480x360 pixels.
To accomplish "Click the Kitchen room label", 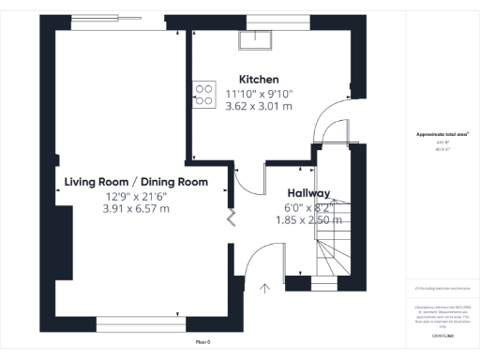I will (259, 79).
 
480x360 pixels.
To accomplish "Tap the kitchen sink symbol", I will (252, 38).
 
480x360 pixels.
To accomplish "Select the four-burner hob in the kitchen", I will (203, 93).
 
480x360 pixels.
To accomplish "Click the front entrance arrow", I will (264, 288).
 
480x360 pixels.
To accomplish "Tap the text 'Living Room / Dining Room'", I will (136, 182).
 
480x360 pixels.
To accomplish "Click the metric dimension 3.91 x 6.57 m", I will (136, 209).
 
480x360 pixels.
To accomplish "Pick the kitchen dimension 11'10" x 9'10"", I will (259, 93).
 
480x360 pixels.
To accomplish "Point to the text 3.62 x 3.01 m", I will (259, 106).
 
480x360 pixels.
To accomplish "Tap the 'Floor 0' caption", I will (202, 343).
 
